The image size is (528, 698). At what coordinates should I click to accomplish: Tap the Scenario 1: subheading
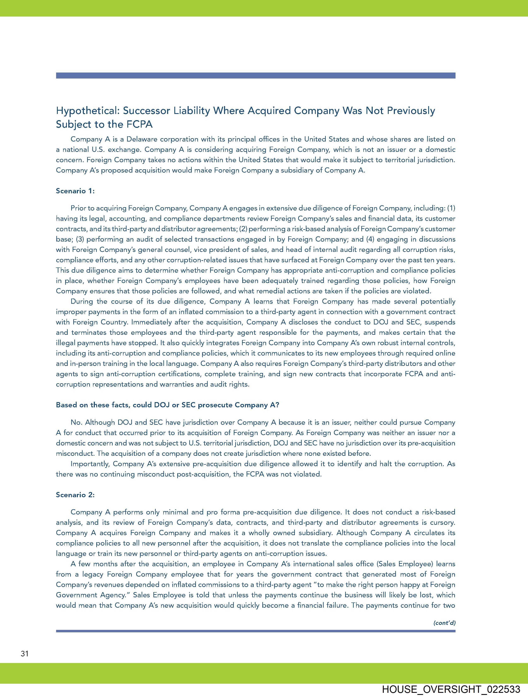[x=75, y=191]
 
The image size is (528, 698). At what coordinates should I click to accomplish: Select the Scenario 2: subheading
[x=75, y=495]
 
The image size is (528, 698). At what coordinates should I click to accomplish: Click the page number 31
[x=25, y=653]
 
